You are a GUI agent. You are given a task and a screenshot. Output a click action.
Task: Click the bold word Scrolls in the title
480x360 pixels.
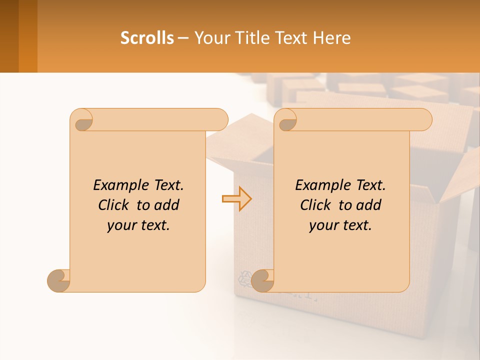click(x=147, y=38)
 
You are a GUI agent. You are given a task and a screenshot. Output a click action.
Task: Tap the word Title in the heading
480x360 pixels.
click(x=250, y=38)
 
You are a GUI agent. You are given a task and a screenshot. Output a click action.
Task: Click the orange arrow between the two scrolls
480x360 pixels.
click(x=236, y=199)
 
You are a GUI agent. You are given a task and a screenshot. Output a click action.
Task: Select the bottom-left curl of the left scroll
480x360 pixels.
click(x=58, y=281)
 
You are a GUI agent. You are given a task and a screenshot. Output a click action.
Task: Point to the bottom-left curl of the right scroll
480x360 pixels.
click(x=262, y=281)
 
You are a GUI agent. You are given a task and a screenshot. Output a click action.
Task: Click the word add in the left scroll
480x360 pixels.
click(x=167, y=205)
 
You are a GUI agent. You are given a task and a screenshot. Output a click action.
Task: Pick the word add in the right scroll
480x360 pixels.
click(x=369, y=205)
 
